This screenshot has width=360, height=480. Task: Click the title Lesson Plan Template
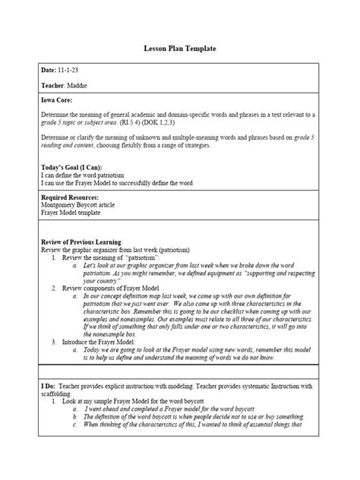179,48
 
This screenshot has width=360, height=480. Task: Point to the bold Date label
48,70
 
